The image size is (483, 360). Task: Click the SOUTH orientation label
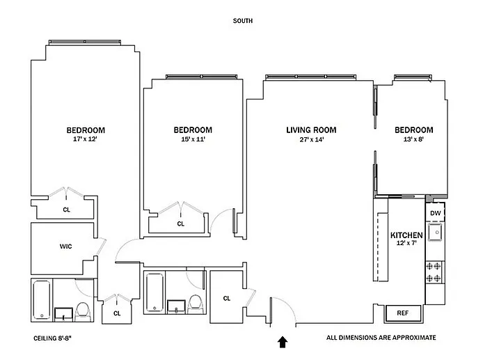[x=242, y=21]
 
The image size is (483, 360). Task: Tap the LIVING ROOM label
[x=311, y=130]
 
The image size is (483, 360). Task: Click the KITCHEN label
[x=407, y=235]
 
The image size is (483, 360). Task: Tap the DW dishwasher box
[x=435, y=213]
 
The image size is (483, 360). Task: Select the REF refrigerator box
[x=403, y=313]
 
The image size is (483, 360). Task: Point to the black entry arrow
[x=283, y=341]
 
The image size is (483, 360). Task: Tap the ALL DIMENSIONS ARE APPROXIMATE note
[x=381, y=338]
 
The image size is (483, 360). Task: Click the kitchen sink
[x=435, y=232]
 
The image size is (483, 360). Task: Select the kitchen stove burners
[x=435, y=272]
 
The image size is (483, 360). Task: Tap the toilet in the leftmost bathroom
[x=82, y=311]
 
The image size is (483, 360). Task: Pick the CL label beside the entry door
[x=227, y=299]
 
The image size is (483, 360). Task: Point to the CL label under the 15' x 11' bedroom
[x=180, y=224]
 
